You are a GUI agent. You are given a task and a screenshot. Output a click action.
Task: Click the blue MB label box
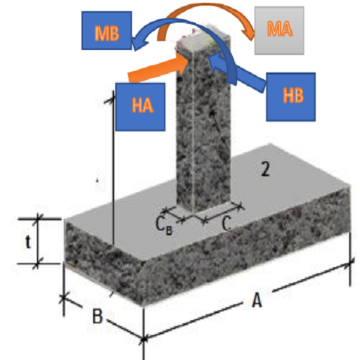click(107, 30)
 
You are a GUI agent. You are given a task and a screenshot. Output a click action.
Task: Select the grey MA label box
click(279, 30)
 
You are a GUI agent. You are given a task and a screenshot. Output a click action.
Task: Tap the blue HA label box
click(141, 107)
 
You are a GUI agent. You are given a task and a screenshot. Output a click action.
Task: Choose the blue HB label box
click(290, 97)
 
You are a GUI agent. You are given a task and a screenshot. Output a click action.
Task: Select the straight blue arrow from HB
click(237, 72)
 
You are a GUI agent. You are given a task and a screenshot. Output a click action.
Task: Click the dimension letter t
click(28, 241)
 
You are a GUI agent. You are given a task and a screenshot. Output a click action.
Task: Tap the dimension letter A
click(257, 300)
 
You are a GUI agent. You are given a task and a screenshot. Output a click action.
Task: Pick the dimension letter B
click(97, 316)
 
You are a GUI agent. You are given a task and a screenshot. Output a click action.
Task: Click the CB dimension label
click(164, 226)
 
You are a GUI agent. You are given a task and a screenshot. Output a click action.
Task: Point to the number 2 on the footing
click(265, 169)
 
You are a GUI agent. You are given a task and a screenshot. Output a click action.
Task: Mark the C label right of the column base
click(226, 223)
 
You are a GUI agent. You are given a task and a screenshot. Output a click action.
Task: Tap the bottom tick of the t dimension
click(37, 264)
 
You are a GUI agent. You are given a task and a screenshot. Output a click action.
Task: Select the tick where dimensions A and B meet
click(143, 339)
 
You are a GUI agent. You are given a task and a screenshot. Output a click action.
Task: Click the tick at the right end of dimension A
click(350, 264)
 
